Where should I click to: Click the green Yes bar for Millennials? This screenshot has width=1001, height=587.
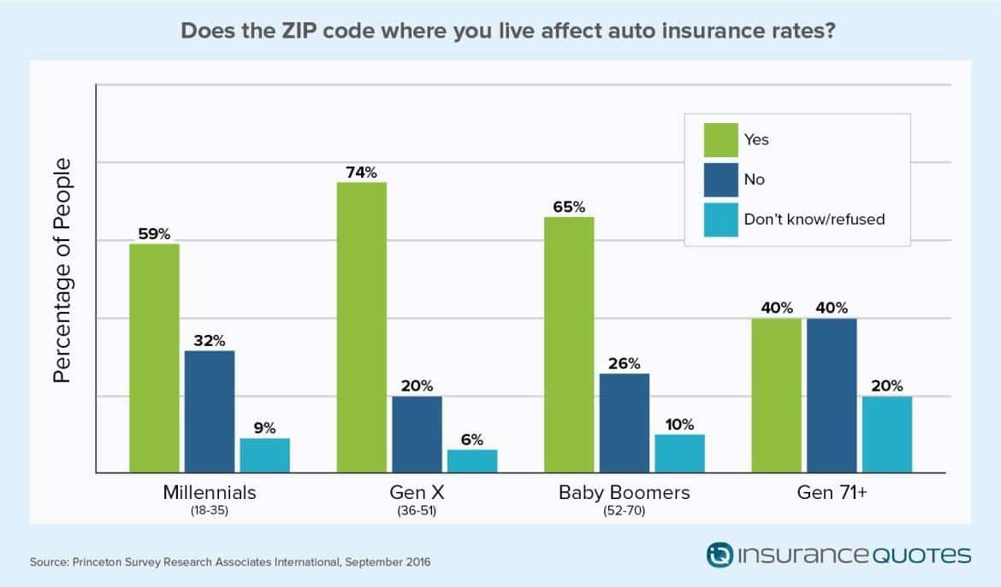click(x=154, y=358)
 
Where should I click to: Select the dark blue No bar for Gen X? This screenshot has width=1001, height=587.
click(x=417, y=434)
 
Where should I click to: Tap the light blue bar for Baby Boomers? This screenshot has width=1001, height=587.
click(x=679, y=453)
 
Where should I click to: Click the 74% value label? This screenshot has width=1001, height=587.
click(x=362, y=172)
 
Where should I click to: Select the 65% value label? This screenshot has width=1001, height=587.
click(x=569, y=207)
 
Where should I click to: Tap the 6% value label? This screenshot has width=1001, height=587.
click(x=472, y=439)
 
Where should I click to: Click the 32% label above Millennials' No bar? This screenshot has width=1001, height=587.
click(x=209, y=340)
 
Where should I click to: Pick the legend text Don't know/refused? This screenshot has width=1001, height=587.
click(x=814, y=219)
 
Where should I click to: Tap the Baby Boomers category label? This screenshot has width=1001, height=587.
click(x=624, y=493)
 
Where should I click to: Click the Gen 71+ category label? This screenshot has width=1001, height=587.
click(x=832, y=493)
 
